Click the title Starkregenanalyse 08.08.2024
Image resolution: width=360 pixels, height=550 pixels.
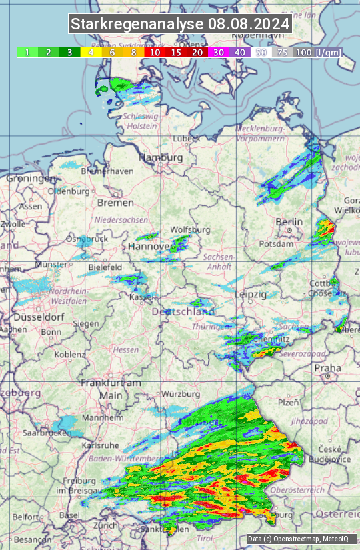coord(180,25)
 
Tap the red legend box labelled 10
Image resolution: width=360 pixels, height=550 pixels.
coord(155,52)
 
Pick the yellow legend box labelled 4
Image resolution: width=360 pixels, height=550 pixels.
coord(91,52)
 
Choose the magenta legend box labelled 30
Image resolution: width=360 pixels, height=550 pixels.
coord(219,52)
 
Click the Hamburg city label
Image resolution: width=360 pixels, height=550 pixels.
coord(160,158)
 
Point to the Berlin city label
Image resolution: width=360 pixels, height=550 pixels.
coord(289,222)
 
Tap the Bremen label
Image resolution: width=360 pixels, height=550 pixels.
coord(115,202)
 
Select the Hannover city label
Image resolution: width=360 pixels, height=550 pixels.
coord(148,247)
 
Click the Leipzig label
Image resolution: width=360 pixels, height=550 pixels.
coord(251,294)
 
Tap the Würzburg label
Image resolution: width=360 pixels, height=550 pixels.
coord(181,393)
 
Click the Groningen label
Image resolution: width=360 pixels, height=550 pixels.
coord(31,179)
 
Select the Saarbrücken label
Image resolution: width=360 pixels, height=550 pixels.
coord(47,433)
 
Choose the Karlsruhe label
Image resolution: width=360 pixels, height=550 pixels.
coord(99,445)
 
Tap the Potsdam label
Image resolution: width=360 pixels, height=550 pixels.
coord(275,244)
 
